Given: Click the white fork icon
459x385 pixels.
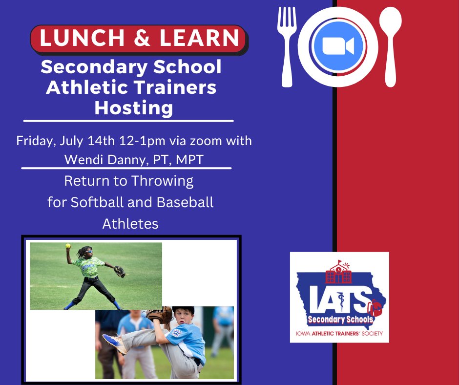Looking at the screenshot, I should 287,47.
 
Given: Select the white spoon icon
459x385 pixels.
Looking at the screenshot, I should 392,47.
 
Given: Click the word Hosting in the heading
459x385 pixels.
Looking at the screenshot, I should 133,107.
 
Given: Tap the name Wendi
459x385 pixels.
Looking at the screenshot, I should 80,159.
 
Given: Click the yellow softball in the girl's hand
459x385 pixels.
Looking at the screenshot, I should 69,246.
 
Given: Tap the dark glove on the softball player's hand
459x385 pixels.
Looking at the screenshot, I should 120,272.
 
